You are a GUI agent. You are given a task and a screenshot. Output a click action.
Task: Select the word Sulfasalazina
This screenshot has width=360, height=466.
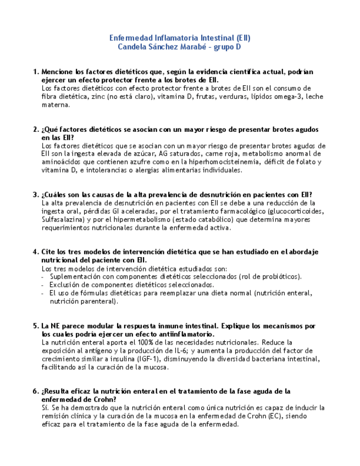(61, 219)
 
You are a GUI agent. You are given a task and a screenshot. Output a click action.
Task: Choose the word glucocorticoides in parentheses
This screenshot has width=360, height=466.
(296, 211)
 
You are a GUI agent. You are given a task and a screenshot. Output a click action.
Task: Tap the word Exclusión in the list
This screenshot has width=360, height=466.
(65, 285)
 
